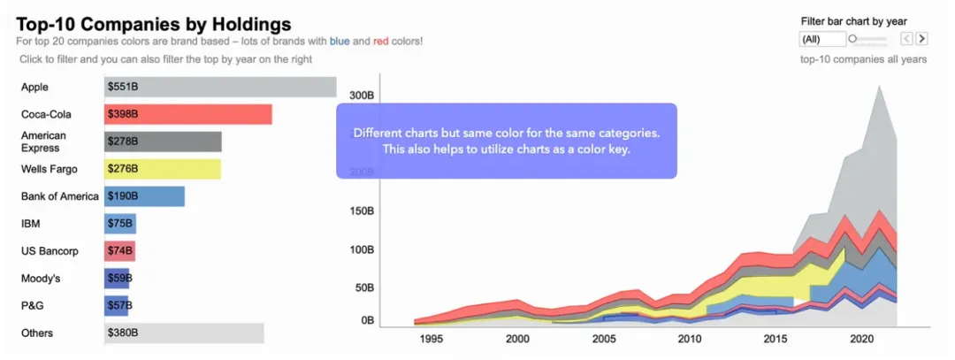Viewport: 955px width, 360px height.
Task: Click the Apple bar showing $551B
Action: click(220, 87)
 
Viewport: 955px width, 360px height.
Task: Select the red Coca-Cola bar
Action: click(187, 114)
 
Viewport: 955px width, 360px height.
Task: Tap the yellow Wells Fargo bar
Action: click(163, 169)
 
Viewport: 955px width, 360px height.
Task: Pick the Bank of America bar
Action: click(144, 196)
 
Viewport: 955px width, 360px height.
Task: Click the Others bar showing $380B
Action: click(184, 333)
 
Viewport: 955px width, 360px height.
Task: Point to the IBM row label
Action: click(31, 224)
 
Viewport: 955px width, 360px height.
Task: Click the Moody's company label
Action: click(41, 279)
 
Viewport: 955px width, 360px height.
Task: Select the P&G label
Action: click(32, 305)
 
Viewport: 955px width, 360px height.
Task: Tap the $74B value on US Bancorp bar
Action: click(119, 251)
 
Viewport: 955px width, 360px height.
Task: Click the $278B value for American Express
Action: click(122, 142)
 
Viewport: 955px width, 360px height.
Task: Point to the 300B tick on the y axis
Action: click(360, 95)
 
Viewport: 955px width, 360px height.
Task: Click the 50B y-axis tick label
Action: click(363, 287)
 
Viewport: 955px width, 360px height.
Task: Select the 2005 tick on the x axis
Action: click(604, 339)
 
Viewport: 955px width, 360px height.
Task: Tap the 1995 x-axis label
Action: click(431, 339)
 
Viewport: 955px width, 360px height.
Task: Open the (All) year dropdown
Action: click(821, 39)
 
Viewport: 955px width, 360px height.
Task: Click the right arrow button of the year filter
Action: click(921, 39)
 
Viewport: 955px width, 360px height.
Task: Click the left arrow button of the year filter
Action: click(906, 39)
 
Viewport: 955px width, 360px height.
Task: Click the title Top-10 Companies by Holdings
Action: click(153, 25)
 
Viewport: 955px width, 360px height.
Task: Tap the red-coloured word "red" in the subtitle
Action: click(382, 42)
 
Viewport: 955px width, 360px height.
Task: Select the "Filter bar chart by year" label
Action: click(853, 21)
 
